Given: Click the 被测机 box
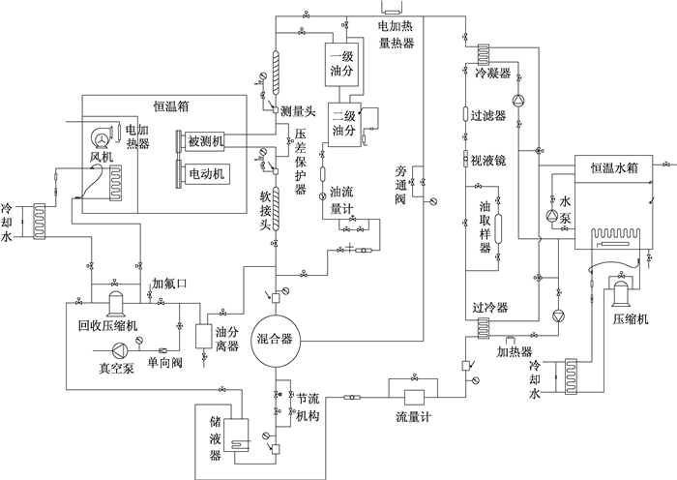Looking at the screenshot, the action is tap(205, 141).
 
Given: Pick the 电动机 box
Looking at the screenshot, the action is tap(206, 173).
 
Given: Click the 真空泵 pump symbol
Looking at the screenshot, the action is tap(119, 349).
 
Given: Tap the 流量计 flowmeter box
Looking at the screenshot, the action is tap(414, 398).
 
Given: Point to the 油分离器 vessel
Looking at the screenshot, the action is tap(203, 337).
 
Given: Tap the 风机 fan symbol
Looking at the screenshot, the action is tap(102, 137).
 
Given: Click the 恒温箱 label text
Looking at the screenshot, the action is tap(171, 106).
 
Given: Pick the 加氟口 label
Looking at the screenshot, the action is tap(169, 284).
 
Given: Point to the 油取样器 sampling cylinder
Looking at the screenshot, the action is tap(498, 229).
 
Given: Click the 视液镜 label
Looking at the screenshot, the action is tap(488, 161).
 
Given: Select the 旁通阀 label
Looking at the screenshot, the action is tap(400, 185).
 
